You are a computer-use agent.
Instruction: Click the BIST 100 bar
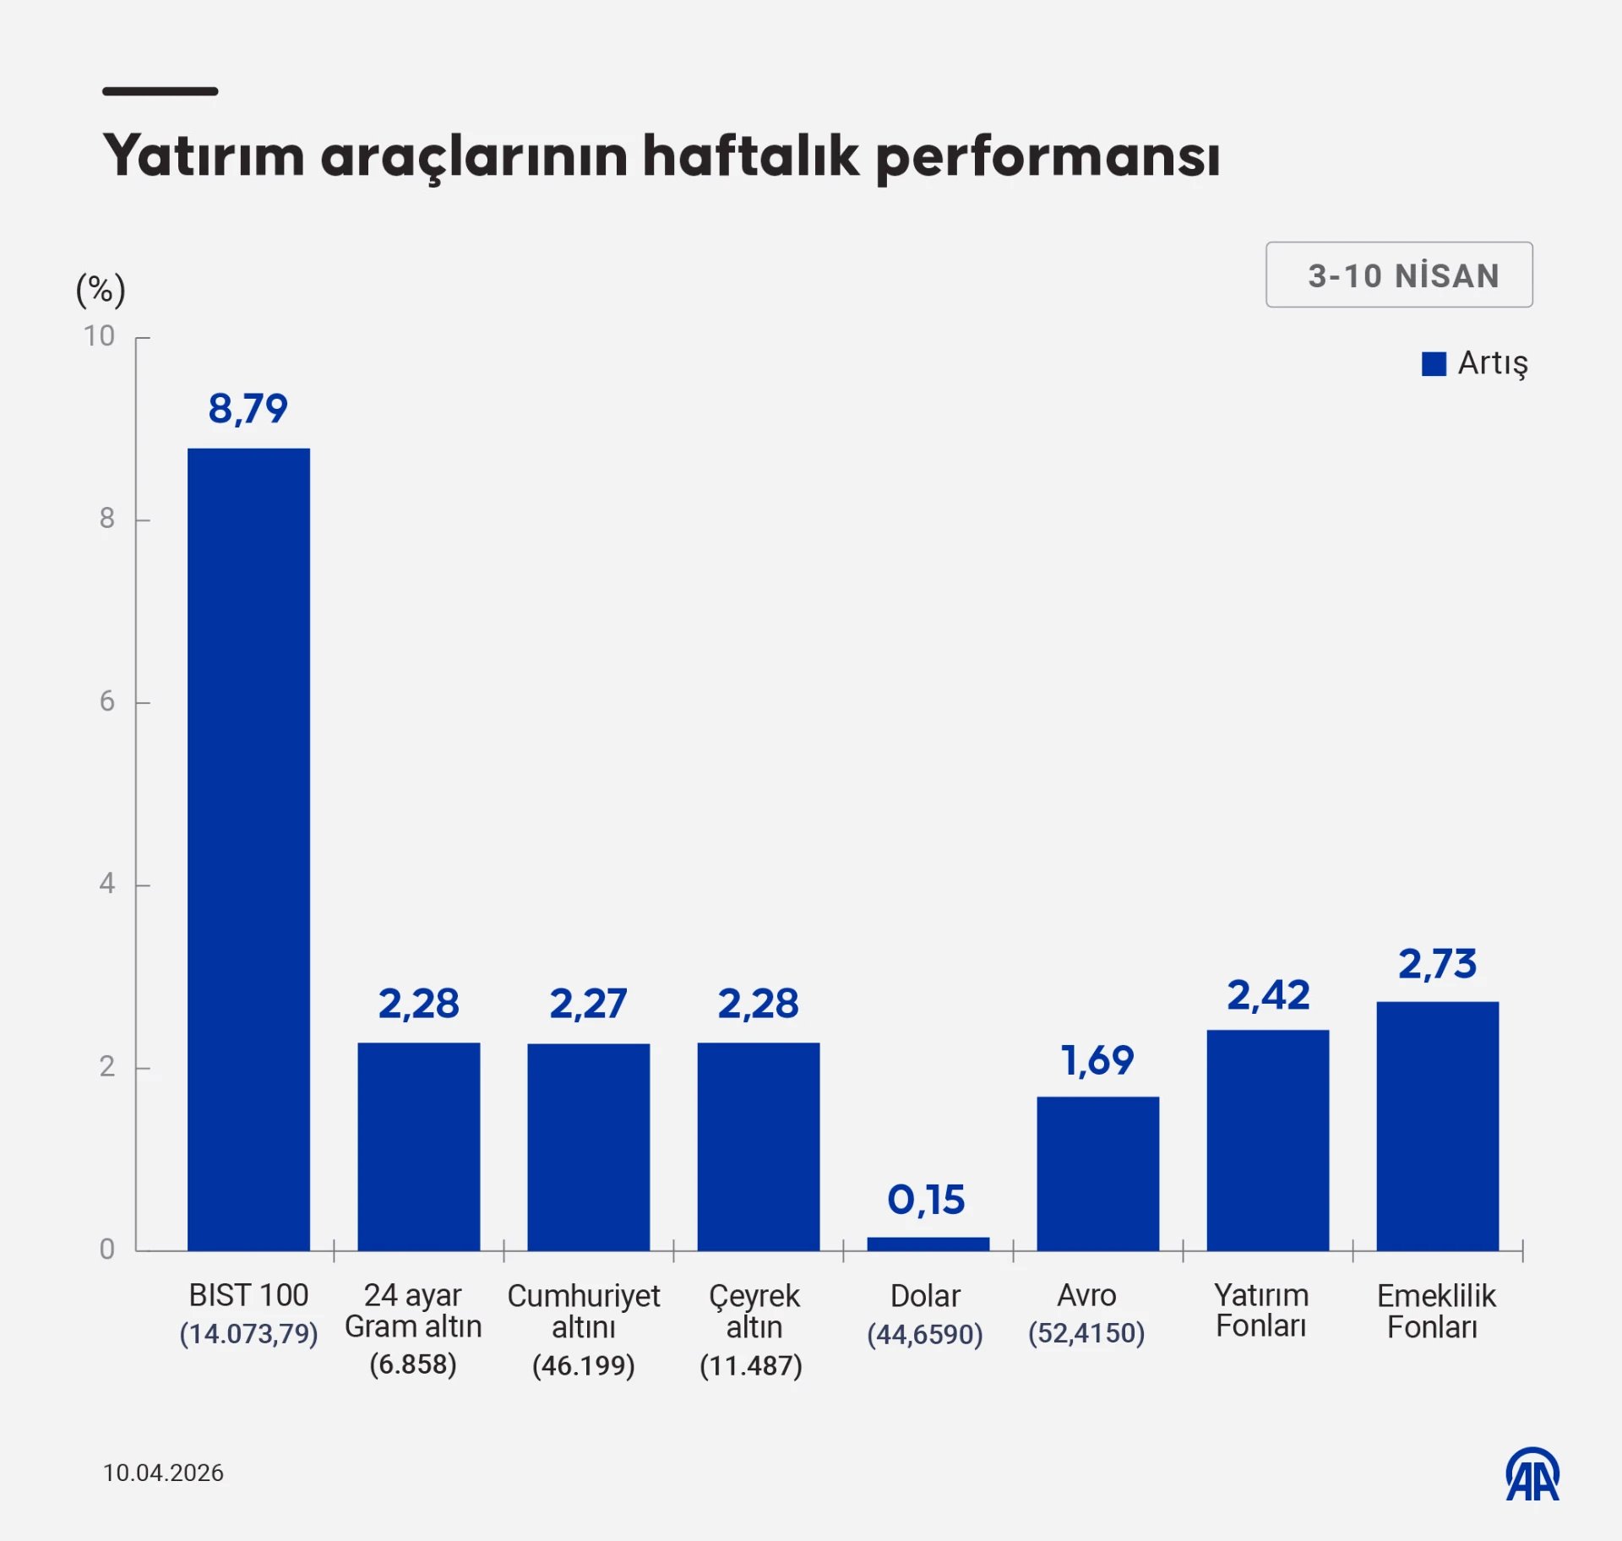pos(248,849)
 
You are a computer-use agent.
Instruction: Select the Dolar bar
pos(928,1244)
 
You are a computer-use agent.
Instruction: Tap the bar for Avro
pos(1097,1173)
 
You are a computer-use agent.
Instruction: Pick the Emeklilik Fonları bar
pos(1437,1125)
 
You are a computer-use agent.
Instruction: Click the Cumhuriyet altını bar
pos(588,1146)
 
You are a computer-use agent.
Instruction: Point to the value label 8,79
pos(248,409)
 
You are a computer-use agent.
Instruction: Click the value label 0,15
pos(926,1200)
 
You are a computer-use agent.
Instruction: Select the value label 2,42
pos(1268,995)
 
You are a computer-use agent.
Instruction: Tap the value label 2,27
pos(588,1004)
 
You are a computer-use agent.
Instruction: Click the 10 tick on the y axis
pos(99,336)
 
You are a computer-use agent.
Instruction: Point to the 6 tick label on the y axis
pos(106,701)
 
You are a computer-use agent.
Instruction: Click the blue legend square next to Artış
pos(1434,364)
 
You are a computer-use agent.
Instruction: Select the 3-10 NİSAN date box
pos(1399,275)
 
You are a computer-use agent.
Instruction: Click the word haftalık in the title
pos(750,156)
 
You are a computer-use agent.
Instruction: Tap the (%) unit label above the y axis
pos(101,290)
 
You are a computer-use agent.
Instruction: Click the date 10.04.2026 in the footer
pos(163,1473)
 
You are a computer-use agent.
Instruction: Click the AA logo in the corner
pos(1532,1474)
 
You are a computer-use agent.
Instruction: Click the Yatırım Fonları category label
pos(1261,1310)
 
